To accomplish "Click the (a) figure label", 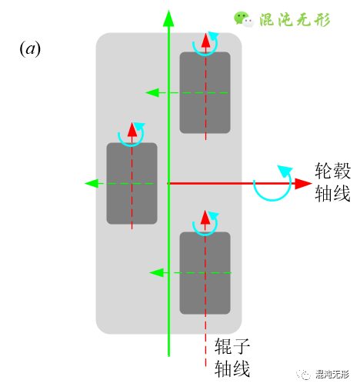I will pyautogui.click(x=30, y=49).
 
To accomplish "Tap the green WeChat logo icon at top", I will pyautogui.click(x=243, y=19).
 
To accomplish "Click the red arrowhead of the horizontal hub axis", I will pyautogui.click(x=303, y=183).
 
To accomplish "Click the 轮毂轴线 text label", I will pyautogui.click(x=332, y=182).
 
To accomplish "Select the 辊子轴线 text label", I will pyautogui.click(x=232, y=358).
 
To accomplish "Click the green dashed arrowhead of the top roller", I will pyautogui.click(x=152, y=93).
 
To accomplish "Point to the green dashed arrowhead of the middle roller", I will pyautogui.click(x=92, y=183).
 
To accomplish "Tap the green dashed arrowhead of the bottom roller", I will pyautogui.click(x=155, y=272).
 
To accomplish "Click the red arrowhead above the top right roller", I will pyautogui.click(x=205, y=40).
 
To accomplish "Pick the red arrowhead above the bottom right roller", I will pyautogui.click(x=205, y=218).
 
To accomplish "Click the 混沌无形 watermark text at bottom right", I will pyautogui.click(x=332, y=375).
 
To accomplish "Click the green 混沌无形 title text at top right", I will pyautogui.click(x=295, y=19).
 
